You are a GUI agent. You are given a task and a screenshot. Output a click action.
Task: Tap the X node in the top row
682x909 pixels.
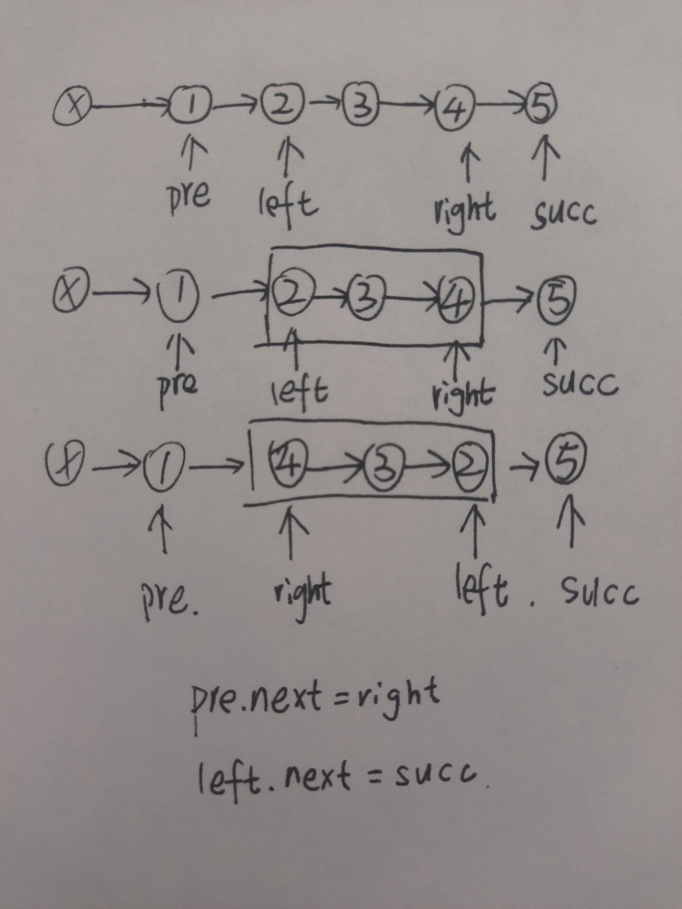click(72, 107)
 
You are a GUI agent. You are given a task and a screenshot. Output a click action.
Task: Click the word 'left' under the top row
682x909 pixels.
click(288, 204)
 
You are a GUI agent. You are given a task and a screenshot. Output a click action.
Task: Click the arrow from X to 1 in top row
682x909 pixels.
click(130, 107)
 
